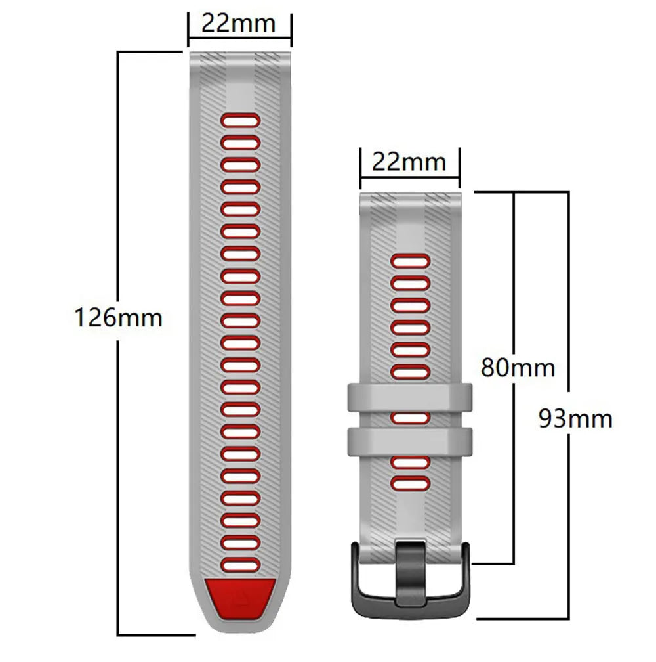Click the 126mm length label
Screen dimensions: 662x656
coord(118,318)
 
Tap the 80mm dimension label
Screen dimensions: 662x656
coord(518,366)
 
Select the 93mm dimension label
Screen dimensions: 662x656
coord(575,418)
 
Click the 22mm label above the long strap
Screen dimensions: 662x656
coord(238,23)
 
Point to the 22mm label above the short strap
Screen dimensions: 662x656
coord(409,161)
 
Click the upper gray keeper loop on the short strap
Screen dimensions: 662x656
coord(410,397)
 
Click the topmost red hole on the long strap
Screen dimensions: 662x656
coord(240,120)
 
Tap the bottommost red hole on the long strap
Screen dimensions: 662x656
coord(240,564)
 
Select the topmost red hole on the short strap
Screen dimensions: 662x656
coord(410,261)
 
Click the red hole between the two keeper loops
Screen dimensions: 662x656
coord(410,418)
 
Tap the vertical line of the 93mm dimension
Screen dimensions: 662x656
coord(568,525)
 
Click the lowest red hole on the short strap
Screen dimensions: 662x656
coord(410,484)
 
